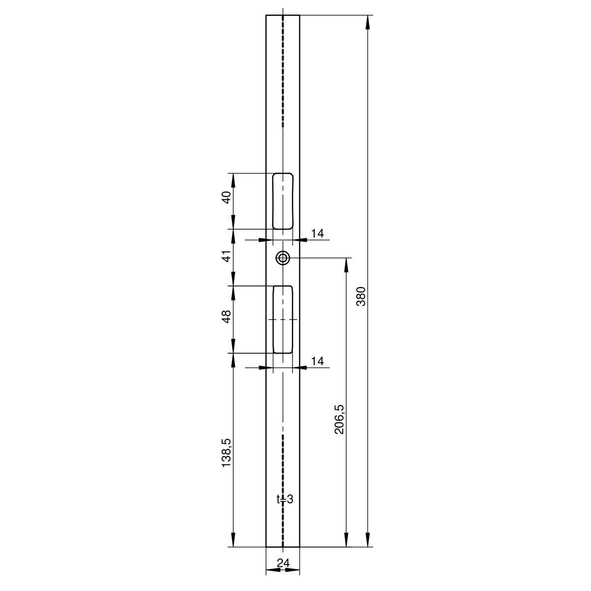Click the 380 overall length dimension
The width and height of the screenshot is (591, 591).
tap(362, 296)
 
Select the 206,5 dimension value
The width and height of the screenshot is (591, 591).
tap(339, 420)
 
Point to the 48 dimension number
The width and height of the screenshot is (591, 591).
tap(227, 317)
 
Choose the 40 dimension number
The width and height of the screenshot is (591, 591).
tap(227, 197)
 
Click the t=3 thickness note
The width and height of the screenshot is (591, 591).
tap(285, 508)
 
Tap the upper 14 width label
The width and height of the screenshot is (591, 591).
tap(318, 233)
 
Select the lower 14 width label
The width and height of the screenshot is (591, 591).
tap(318, 361)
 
